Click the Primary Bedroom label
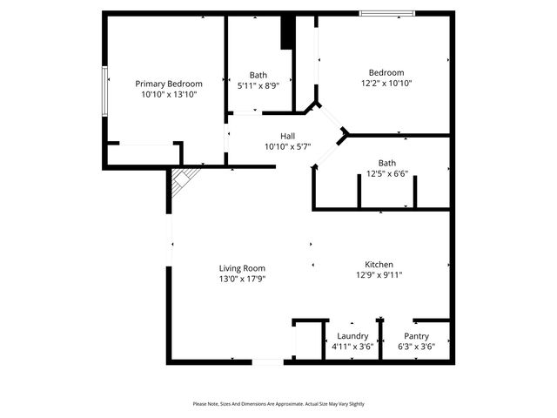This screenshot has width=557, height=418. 169,84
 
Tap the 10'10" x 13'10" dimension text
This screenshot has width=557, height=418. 169,94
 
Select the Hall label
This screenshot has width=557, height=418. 287,136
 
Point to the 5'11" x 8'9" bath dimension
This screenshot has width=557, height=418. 258,85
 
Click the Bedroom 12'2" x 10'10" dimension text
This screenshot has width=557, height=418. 386,84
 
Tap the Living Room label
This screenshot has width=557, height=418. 242,268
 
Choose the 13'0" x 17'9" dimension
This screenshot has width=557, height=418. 242,279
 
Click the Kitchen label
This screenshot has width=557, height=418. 379,264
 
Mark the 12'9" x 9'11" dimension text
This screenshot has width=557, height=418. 379,275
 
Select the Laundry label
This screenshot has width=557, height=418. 352,336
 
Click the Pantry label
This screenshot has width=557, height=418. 416,336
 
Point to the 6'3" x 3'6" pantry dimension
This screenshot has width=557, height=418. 416,347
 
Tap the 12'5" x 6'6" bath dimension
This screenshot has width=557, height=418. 386,174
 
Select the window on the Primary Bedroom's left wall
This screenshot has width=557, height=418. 105,89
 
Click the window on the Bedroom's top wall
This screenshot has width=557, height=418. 387,13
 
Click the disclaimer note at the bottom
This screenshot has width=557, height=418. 278,404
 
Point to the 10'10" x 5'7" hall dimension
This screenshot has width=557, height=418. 287,146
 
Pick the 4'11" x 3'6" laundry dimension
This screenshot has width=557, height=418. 352,347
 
